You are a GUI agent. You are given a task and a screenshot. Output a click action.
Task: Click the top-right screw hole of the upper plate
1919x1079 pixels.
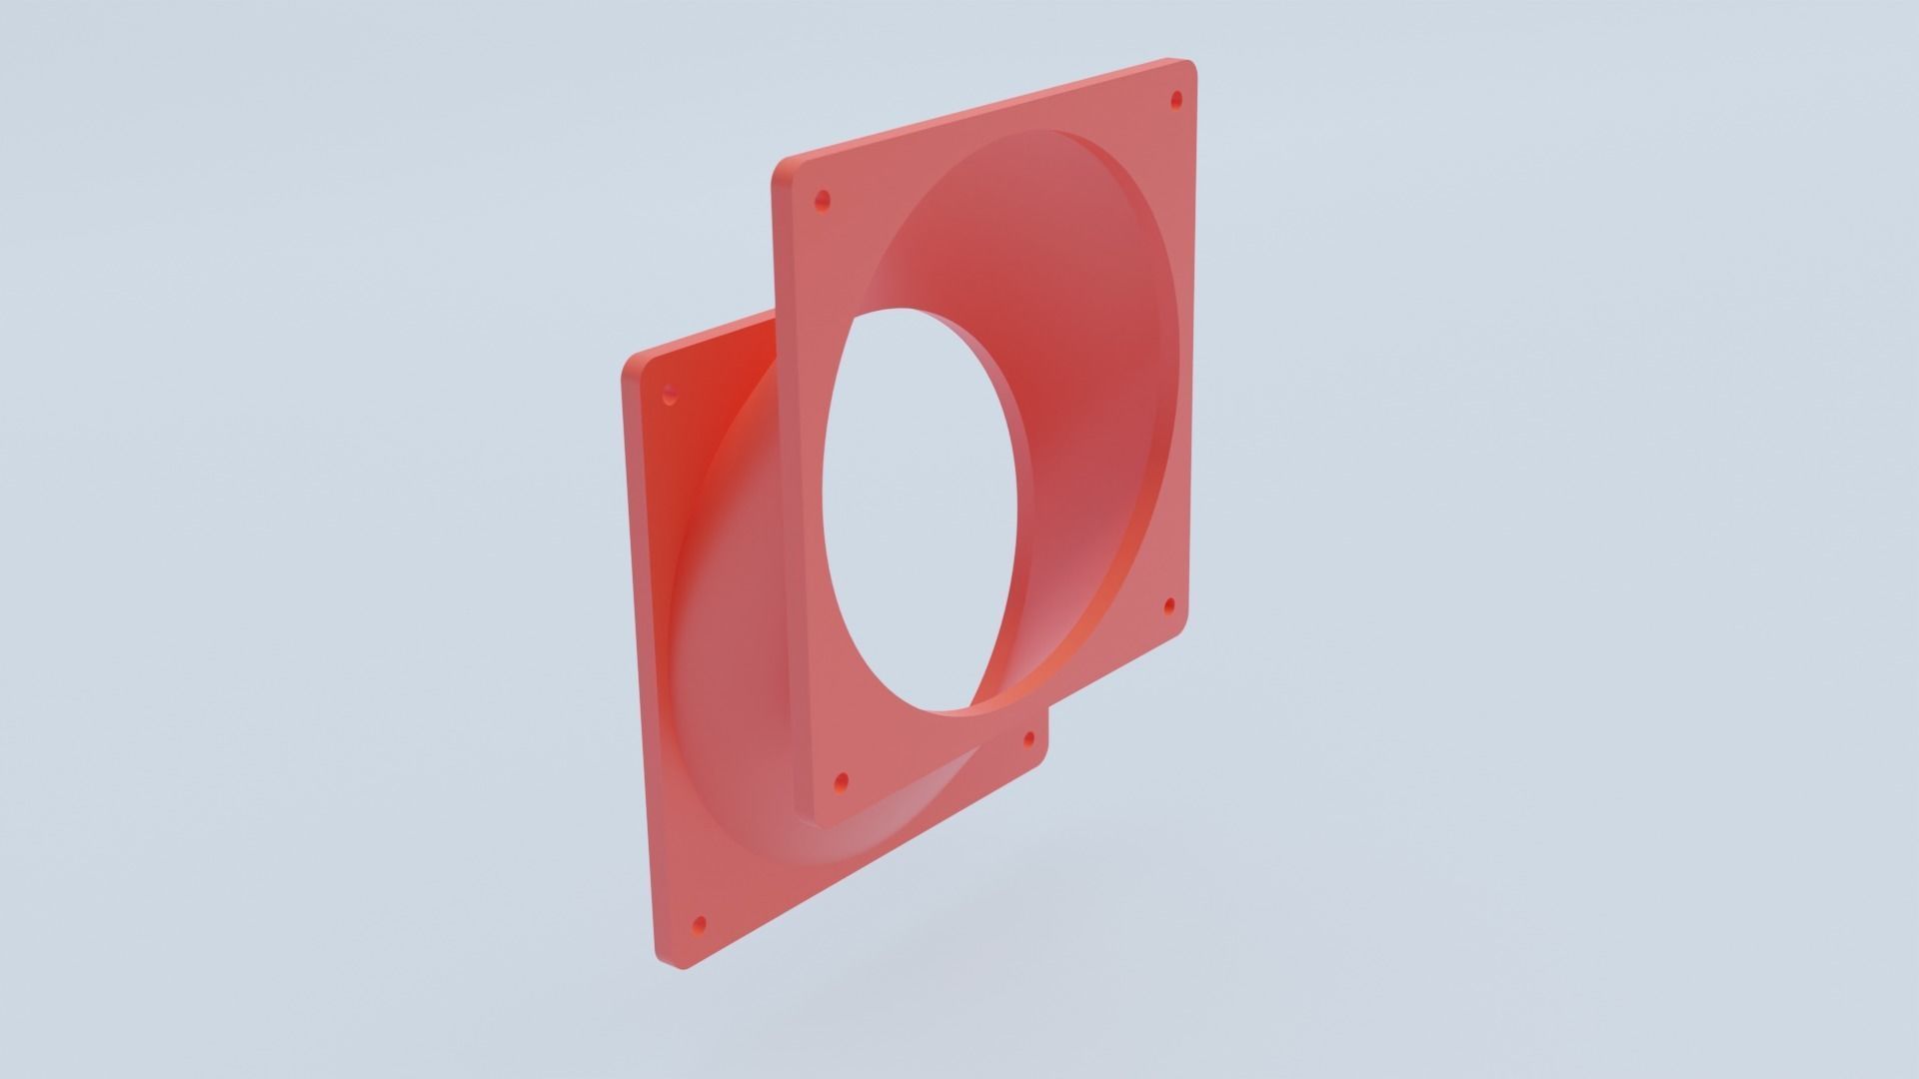(x=1175, y=100)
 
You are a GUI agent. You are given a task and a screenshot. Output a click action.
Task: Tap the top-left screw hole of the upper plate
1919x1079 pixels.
(x=823, y=201)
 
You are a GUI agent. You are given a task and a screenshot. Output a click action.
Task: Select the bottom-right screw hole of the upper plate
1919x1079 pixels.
(x=1169, y=605)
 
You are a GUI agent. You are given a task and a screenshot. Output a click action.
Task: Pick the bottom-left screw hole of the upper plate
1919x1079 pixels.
(x=841, y=780)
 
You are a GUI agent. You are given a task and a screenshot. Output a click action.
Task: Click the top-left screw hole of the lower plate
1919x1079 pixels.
(x=670, y=396)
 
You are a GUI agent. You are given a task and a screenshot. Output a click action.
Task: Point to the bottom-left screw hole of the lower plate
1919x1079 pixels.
(x=699, y=924)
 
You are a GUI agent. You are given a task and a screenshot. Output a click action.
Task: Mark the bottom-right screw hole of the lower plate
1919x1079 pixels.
(x=1029, y=740)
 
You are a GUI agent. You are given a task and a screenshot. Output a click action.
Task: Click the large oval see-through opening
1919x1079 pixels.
(x=920, y=510)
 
